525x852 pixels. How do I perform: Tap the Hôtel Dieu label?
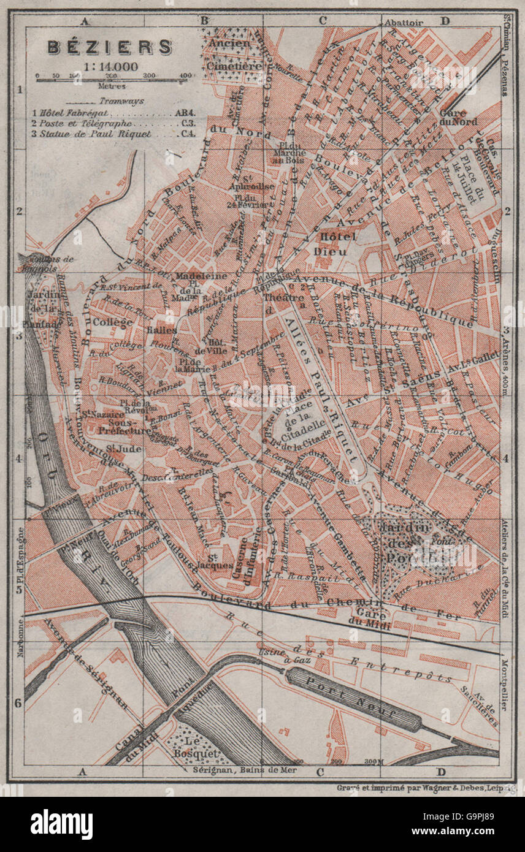point(331,243)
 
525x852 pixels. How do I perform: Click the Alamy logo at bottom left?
point(61,823)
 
